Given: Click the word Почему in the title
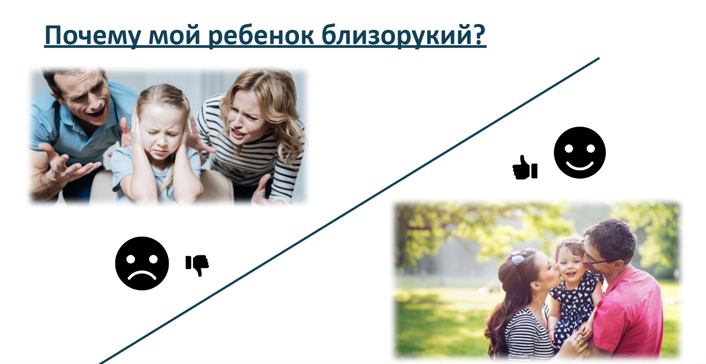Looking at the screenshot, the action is pyautogui.click(x=93, y=35).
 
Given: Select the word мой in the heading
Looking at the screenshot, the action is pyautogui.click(x=174, y=35).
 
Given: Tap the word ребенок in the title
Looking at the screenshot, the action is pyautogui.click(x=261, y=35).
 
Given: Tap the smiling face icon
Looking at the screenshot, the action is pyautogui.click(x=579, y=153).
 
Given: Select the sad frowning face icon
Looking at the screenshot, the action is pyautogui.click(x=142, y=263).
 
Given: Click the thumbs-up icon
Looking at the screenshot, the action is pyautogui.click(x=525, y=167).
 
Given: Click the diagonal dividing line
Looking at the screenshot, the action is pyautogui.click(x=349, y=211).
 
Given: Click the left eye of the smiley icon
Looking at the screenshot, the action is pyautogui.click(x=569, y=148).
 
